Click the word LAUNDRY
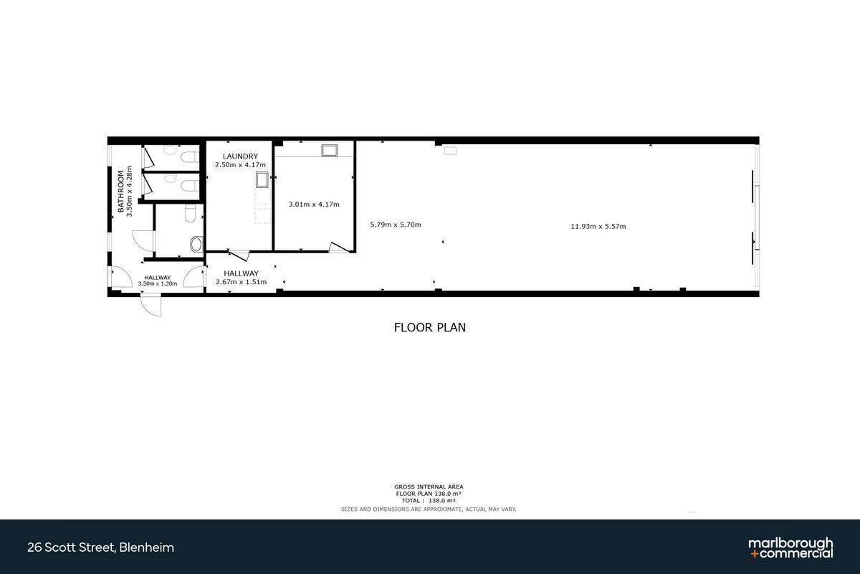click(240, 156)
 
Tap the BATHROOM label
click(121, 192)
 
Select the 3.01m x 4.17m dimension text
click(314, 204)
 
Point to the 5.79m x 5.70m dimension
click(396, 225)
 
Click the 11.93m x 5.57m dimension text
click(598, 227)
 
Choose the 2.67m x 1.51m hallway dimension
click(241, 282)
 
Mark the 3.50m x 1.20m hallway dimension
click(158, 283)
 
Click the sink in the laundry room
click(262, 180)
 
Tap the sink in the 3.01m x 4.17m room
click(330, 151)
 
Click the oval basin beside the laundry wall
click(196, 244)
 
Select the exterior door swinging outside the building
click(151, 304)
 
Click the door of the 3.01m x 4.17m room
click(339, 248)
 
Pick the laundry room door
click(239, 255)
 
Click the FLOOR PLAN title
click(429, 327)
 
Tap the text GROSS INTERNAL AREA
click(429, 486)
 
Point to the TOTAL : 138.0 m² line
click(429, 501)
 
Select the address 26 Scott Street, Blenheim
click(100, 547)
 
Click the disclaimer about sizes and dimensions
click(429, 509)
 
